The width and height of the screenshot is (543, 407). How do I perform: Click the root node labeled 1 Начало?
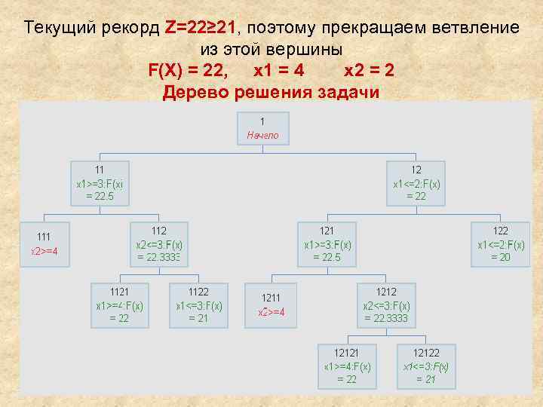(x=262, y=128)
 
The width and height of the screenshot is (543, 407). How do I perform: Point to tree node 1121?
(x=119, y=304)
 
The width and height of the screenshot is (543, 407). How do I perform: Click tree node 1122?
(x=198, y=304)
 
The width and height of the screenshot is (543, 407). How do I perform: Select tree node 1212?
(x=386, y=304)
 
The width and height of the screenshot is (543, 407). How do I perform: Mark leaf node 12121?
(x=347, y=366)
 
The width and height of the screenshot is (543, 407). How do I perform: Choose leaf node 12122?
(x=426, y=366)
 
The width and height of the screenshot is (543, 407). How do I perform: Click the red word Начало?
(x=262, y=136)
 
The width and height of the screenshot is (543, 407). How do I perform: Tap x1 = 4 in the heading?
(x=278, y=71)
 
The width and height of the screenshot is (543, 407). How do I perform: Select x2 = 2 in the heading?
(x=369, y=71)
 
